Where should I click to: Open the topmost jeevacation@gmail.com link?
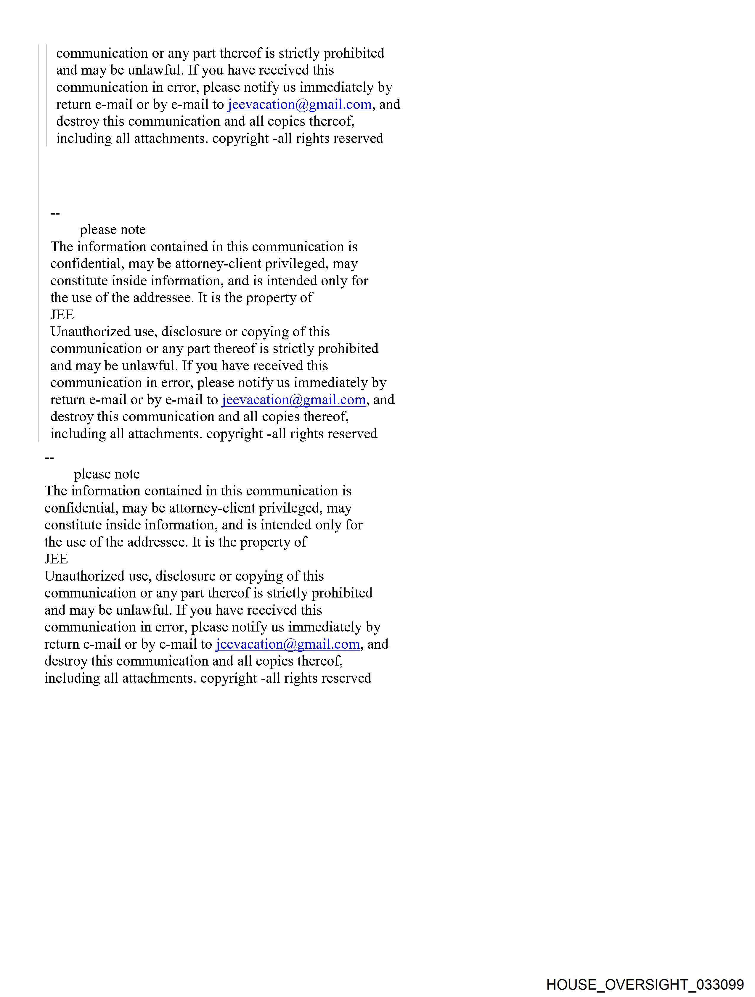pyautogui.click(x=299, y=104)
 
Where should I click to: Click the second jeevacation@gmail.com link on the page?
pyautogui.click(x=294, y=400)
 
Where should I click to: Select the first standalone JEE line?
pyautogui.click(x=62, y=315)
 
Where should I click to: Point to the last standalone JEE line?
pyautogui.click(x=56, y=559)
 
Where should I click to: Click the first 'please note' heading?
pyautogui.click(x=113, y=230)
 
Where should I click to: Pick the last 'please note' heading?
pyautogui.click(x=107, y=474)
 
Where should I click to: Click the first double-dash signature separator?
pyautogui.click(x=55, y=213)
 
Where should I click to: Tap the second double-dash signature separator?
pyautogui.click(x=49, y=458)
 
